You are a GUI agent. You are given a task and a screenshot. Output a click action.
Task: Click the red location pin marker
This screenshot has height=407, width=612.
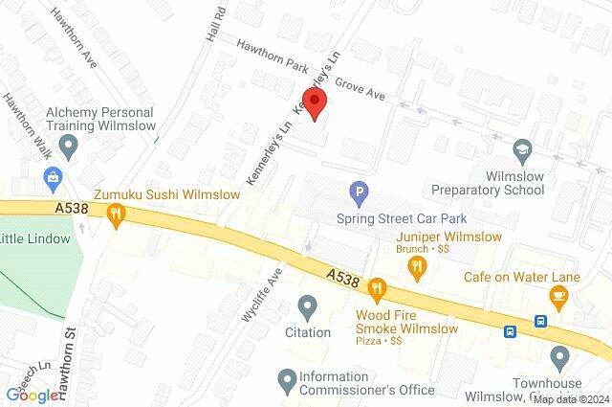[316, 104]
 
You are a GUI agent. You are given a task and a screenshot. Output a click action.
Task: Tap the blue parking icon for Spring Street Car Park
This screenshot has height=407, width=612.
[359, 193]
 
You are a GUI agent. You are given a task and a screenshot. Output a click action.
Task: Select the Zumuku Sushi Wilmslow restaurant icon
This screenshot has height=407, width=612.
[117, 215]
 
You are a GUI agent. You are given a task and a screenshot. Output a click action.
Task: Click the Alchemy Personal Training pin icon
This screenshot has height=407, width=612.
[68, 147]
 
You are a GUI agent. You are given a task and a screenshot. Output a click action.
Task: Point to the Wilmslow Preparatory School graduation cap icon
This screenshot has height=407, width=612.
[522, 148]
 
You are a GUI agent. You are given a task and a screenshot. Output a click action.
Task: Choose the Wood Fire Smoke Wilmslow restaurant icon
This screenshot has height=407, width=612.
[378, 287]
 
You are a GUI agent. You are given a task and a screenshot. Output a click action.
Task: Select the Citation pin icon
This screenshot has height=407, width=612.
[308, 307]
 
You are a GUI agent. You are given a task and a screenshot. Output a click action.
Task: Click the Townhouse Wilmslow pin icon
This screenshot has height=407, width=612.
[560, 358]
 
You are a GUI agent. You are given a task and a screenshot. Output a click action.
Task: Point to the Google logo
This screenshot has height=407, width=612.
[33, 395]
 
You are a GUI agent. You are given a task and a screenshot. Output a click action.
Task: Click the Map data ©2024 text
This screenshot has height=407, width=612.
[570, 399]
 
